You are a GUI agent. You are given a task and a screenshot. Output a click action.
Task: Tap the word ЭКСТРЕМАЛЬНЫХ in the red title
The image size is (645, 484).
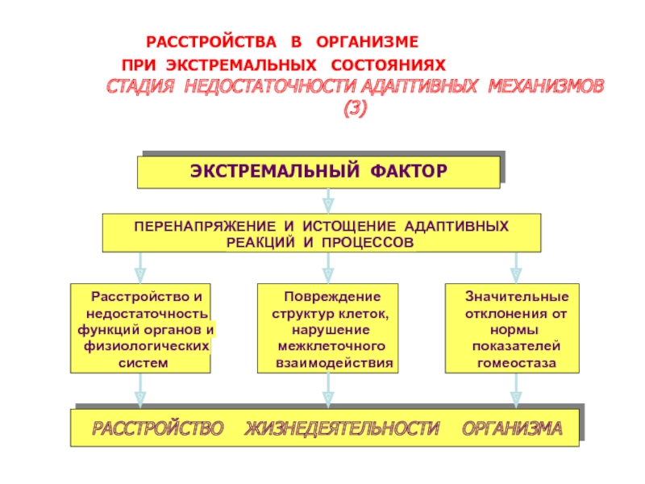click(x=233, y=64)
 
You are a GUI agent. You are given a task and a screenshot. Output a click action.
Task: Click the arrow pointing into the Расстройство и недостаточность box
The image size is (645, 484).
click(x=139, y=267)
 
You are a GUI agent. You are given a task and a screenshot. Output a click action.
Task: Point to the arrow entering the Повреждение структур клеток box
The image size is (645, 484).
click(x=328, y=267)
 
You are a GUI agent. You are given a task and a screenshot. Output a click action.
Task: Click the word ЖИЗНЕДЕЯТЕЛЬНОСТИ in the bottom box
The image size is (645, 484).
click(x=343, y=428)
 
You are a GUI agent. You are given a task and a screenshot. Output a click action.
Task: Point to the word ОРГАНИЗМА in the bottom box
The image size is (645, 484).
click(x=512, y=428)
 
